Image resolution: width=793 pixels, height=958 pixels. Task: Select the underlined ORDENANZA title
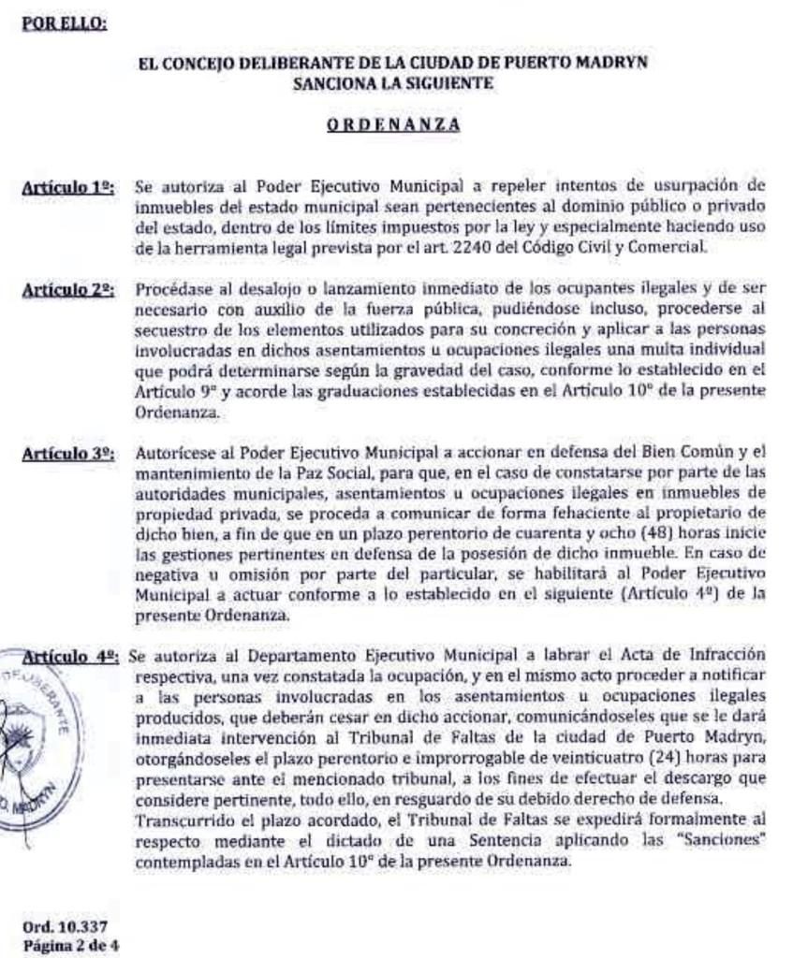point(392,123)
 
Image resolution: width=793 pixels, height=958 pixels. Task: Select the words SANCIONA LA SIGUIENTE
point(392,83)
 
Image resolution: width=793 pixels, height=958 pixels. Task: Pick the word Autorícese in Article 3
point(171,453)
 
